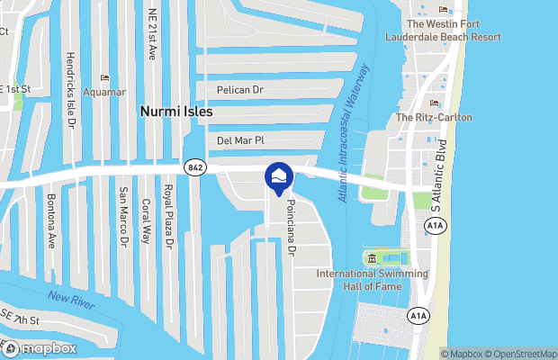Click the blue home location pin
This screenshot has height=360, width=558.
[278, 177]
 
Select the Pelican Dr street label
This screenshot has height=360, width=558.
[239, 91]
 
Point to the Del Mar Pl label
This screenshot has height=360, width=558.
[240, 140]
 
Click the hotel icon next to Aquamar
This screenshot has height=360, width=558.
[105, 78]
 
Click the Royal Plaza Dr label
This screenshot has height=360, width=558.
[166, 220]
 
